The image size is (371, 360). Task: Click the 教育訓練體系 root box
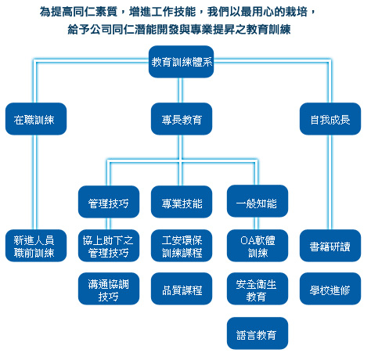pos(181,62)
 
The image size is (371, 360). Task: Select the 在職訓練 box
pos(36,119)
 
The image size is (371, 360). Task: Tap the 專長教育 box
pos(182,119)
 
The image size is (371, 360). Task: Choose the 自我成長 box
pos(330,119)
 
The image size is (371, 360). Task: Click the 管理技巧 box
pos(109,202)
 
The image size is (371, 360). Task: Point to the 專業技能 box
pos(182,202)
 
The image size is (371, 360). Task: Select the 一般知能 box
pos(258,201)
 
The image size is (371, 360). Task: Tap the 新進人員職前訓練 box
pos(36,246)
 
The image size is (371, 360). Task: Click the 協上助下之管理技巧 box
pos(109,246)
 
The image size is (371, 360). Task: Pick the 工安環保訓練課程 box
pos(182,246)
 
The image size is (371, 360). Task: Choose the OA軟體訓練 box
pos(258,246)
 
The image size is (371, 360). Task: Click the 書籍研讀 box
pos(330,246)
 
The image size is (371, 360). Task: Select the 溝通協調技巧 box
pos(109,289)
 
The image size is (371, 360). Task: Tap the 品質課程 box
pos(182,289)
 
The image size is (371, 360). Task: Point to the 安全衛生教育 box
pos(258,289)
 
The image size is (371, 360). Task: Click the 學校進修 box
pos(330,289)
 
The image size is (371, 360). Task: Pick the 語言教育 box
pos(258,333)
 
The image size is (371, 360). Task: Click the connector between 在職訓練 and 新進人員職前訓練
pos(34,182)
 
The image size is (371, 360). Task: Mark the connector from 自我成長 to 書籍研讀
pos(330,182)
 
